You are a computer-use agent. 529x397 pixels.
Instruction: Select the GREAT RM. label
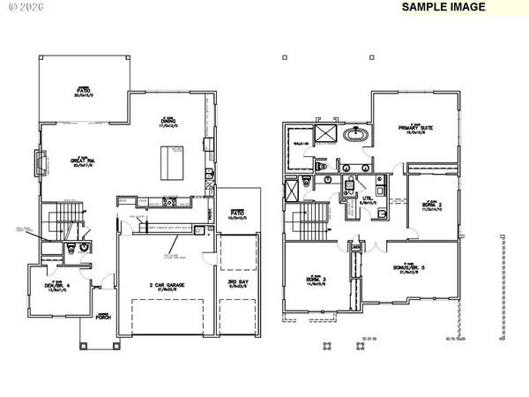coord(83,161)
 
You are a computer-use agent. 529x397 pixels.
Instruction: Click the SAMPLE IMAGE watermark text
coord(443,7)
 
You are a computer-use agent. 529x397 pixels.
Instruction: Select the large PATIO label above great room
coord(84,91)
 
